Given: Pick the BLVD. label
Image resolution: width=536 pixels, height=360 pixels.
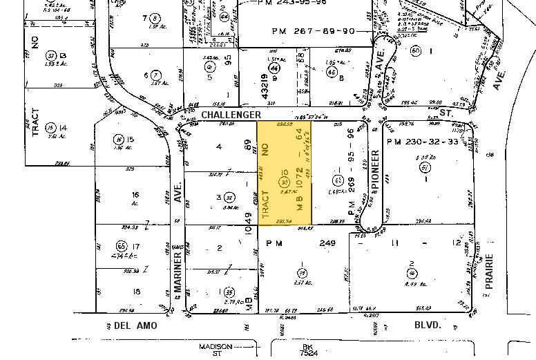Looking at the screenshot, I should [x=425, y=325].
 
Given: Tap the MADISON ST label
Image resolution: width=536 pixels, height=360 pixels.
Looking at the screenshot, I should [x=212, y=349].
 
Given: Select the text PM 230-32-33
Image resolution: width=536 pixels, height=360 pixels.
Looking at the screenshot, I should [x=422, y=142].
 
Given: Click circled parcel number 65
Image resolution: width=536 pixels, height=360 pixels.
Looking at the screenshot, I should [x=122, y=246].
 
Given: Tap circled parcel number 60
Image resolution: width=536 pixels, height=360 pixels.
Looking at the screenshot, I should [x=416, y=51].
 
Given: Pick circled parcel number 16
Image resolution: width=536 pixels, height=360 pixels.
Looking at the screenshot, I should [x=119, y=139].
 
